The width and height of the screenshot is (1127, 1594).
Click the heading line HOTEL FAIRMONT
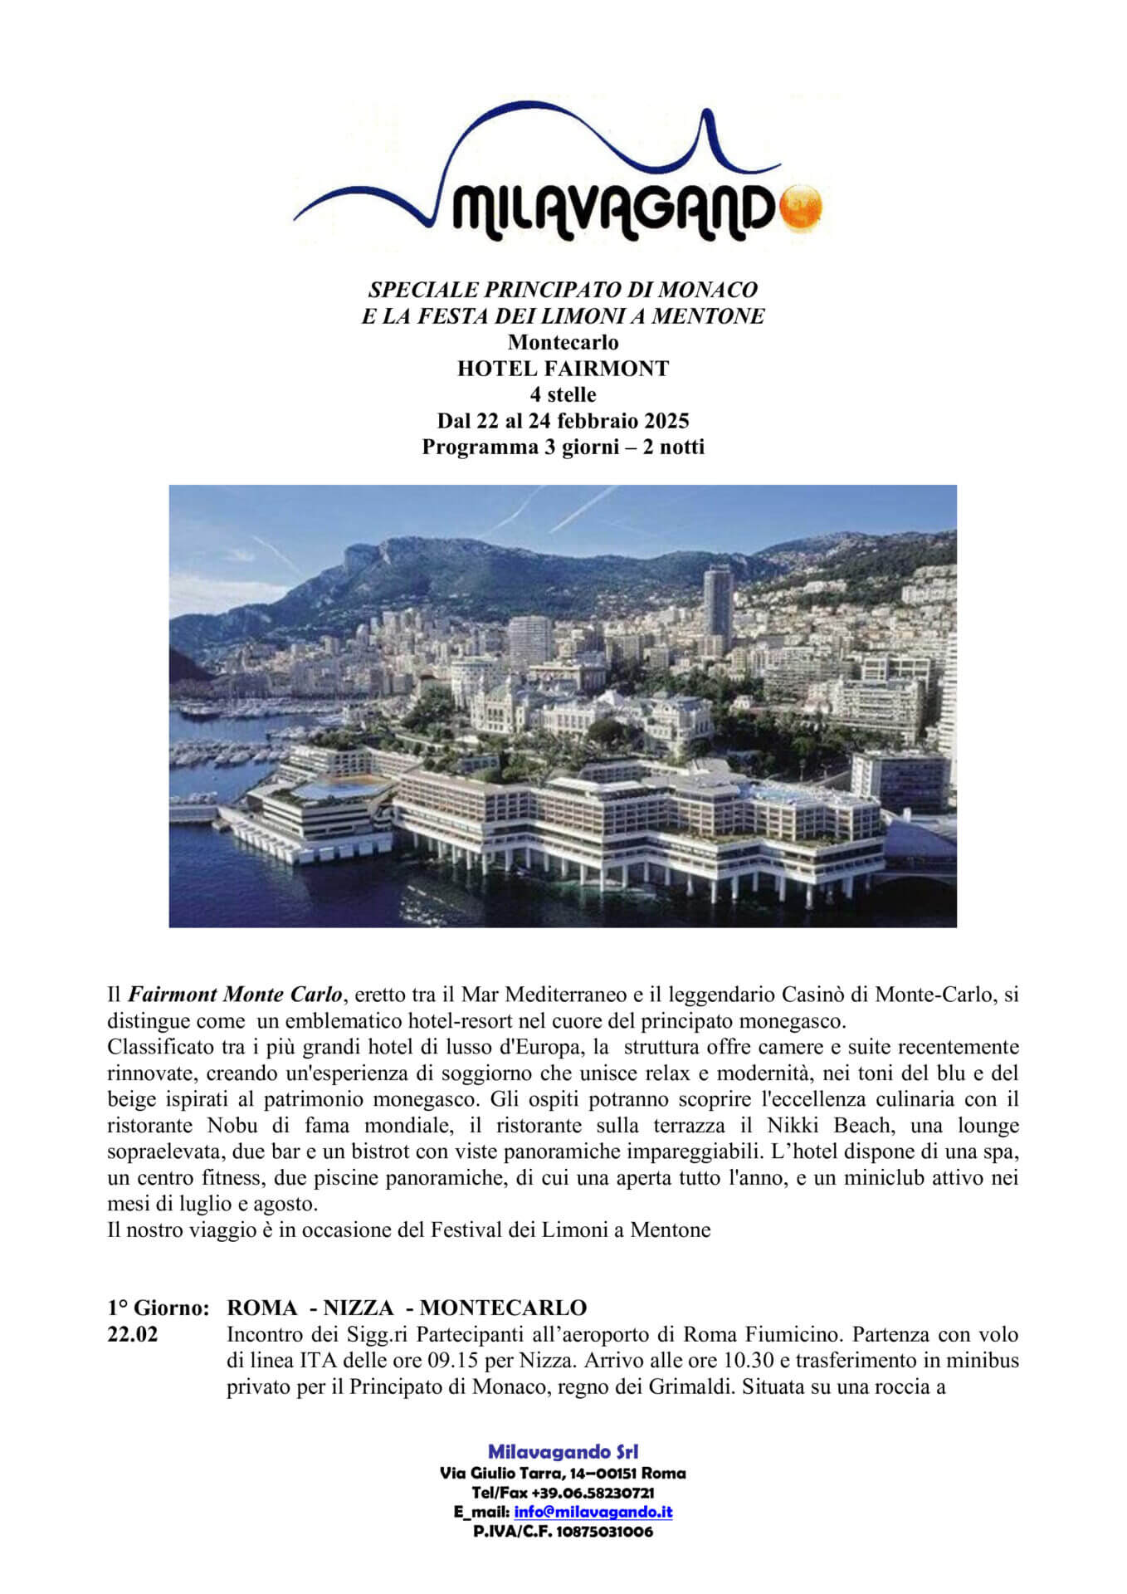coord(563,369)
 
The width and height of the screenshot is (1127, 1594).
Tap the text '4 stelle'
coord(563,394)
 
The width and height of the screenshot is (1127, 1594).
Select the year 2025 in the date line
coord(664,421)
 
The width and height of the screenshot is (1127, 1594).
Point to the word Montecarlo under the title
coord(563,342)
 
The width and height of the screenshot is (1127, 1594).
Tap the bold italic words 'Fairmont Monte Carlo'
coord(235,994)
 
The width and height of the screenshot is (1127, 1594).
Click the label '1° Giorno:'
coord(158,1308)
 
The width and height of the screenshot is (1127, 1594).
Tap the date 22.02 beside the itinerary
coord(133,1335)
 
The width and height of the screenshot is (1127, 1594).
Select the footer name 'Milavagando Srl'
coord(563,1452)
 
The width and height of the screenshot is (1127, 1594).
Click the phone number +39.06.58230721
coord(593,1493)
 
